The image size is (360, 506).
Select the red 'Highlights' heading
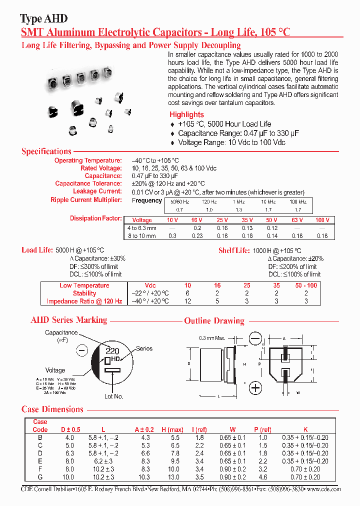(x=186, y=114)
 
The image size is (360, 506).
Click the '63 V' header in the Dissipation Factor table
(x=297, y=220)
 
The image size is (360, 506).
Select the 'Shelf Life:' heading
(x=234, y=250)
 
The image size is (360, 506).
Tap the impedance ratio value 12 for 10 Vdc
(x=188, y=301)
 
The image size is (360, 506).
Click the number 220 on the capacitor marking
(x=112, y=351)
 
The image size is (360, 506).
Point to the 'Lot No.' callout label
(x=113, y=396)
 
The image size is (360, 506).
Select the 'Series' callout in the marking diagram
(x=144, y=348)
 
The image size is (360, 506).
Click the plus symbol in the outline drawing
(x=255, y=387)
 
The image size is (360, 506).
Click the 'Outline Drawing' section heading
(x=214, y=320)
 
